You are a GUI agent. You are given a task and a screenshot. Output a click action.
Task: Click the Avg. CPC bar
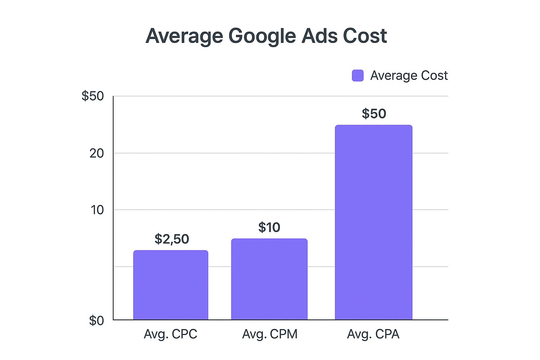point(171,285)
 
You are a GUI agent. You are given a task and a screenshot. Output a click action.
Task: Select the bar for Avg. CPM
point(269,279)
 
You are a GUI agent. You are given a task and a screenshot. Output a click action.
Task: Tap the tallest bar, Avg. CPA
point(373,222)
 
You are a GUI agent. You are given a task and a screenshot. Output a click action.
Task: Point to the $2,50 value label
point(172,239)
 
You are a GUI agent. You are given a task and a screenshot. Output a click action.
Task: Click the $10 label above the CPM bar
point(269,227)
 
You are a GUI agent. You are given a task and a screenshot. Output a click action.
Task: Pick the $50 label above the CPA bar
point(374,114)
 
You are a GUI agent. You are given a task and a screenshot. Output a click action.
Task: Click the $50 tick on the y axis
point(93,96)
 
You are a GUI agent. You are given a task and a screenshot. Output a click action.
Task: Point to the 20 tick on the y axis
point(96,153)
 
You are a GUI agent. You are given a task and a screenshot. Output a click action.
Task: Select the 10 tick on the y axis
point(97,210)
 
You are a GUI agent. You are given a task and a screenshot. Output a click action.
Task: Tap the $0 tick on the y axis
point(96,320)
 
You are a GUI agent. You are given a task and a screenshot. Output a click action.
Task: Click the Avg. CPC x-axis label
point(171,334)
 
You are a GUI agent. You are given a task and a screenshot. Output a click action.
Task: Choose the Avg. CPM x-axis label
point(270,334)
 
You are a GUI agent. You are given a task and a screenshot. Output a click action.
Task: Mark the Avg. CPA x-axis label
point(373,334)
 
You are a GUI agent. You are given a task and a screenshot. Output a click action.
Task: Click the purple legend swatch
point(358,76)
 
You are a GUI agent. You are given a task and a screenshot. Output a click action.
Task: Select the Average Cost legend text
point(409,76)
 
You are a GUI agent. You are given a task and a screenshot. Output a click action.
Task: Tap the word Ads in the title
point(319,36)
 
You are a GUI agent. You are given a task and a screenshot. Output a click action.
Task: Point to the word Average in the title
point(184,36)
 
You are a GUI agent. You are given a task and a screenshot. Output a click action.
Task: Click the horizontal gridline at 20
point(225,153)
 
